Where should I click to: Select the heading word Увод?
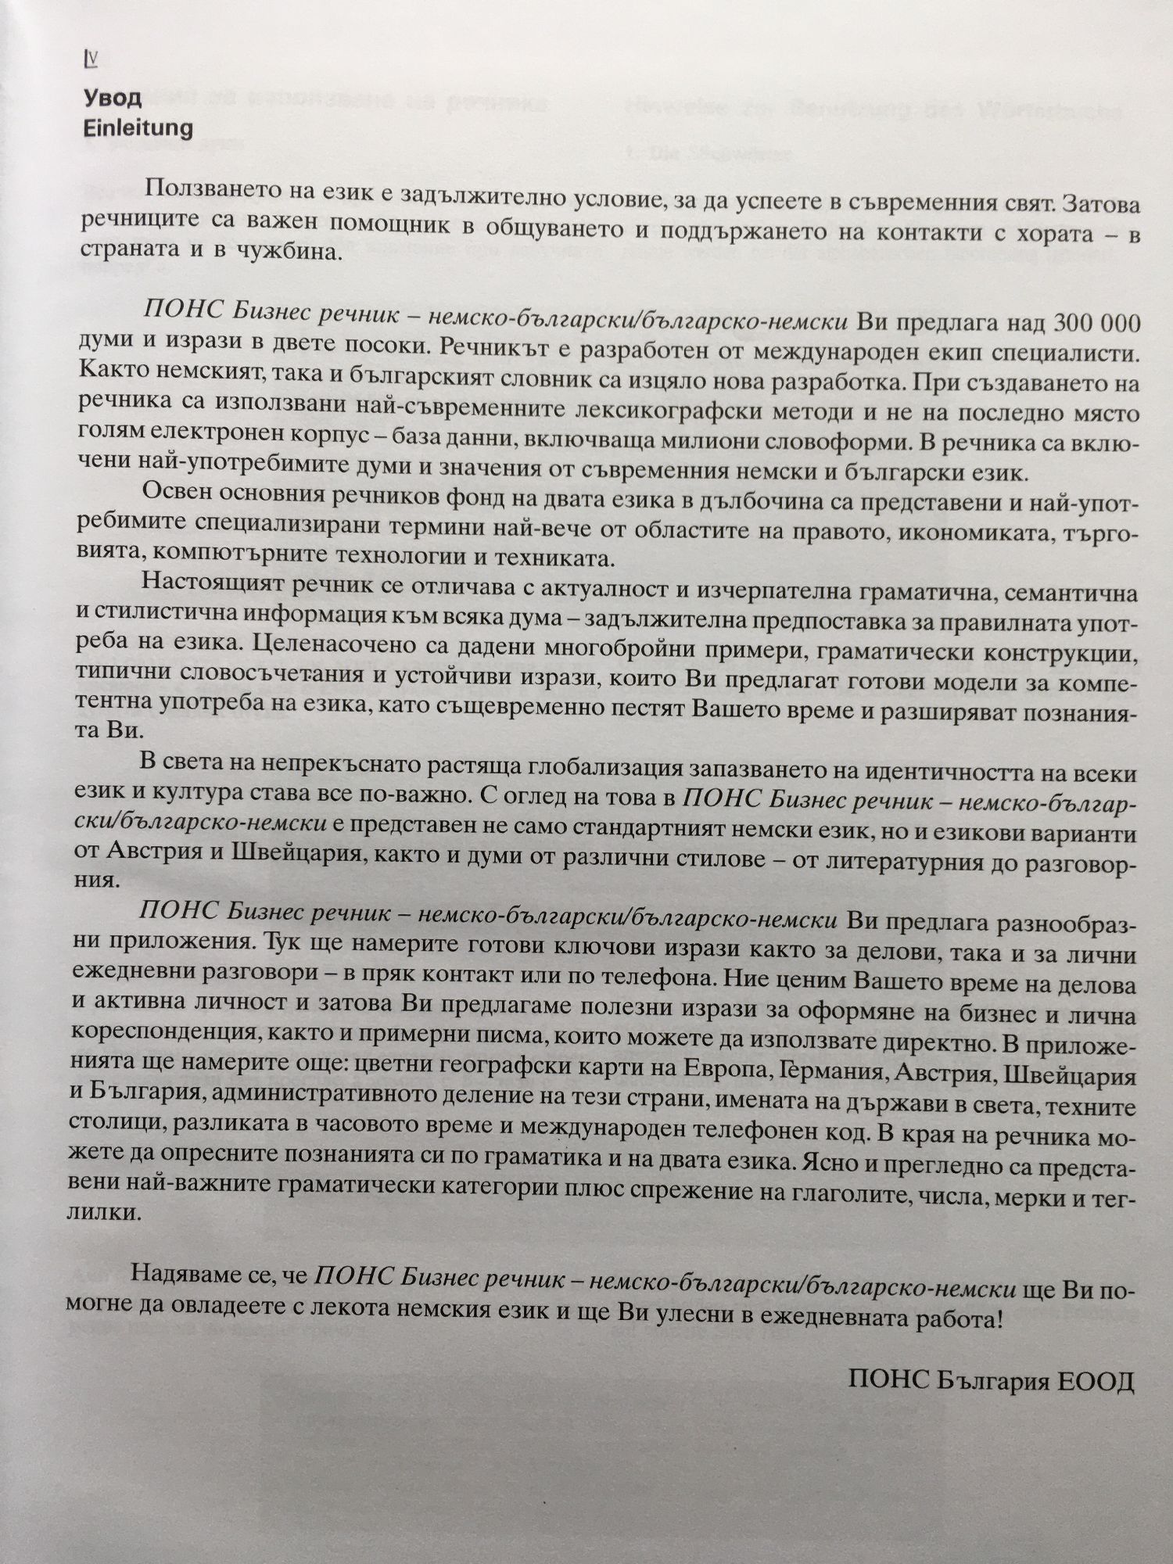113,99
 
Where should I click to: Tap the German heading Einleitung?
138,127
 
